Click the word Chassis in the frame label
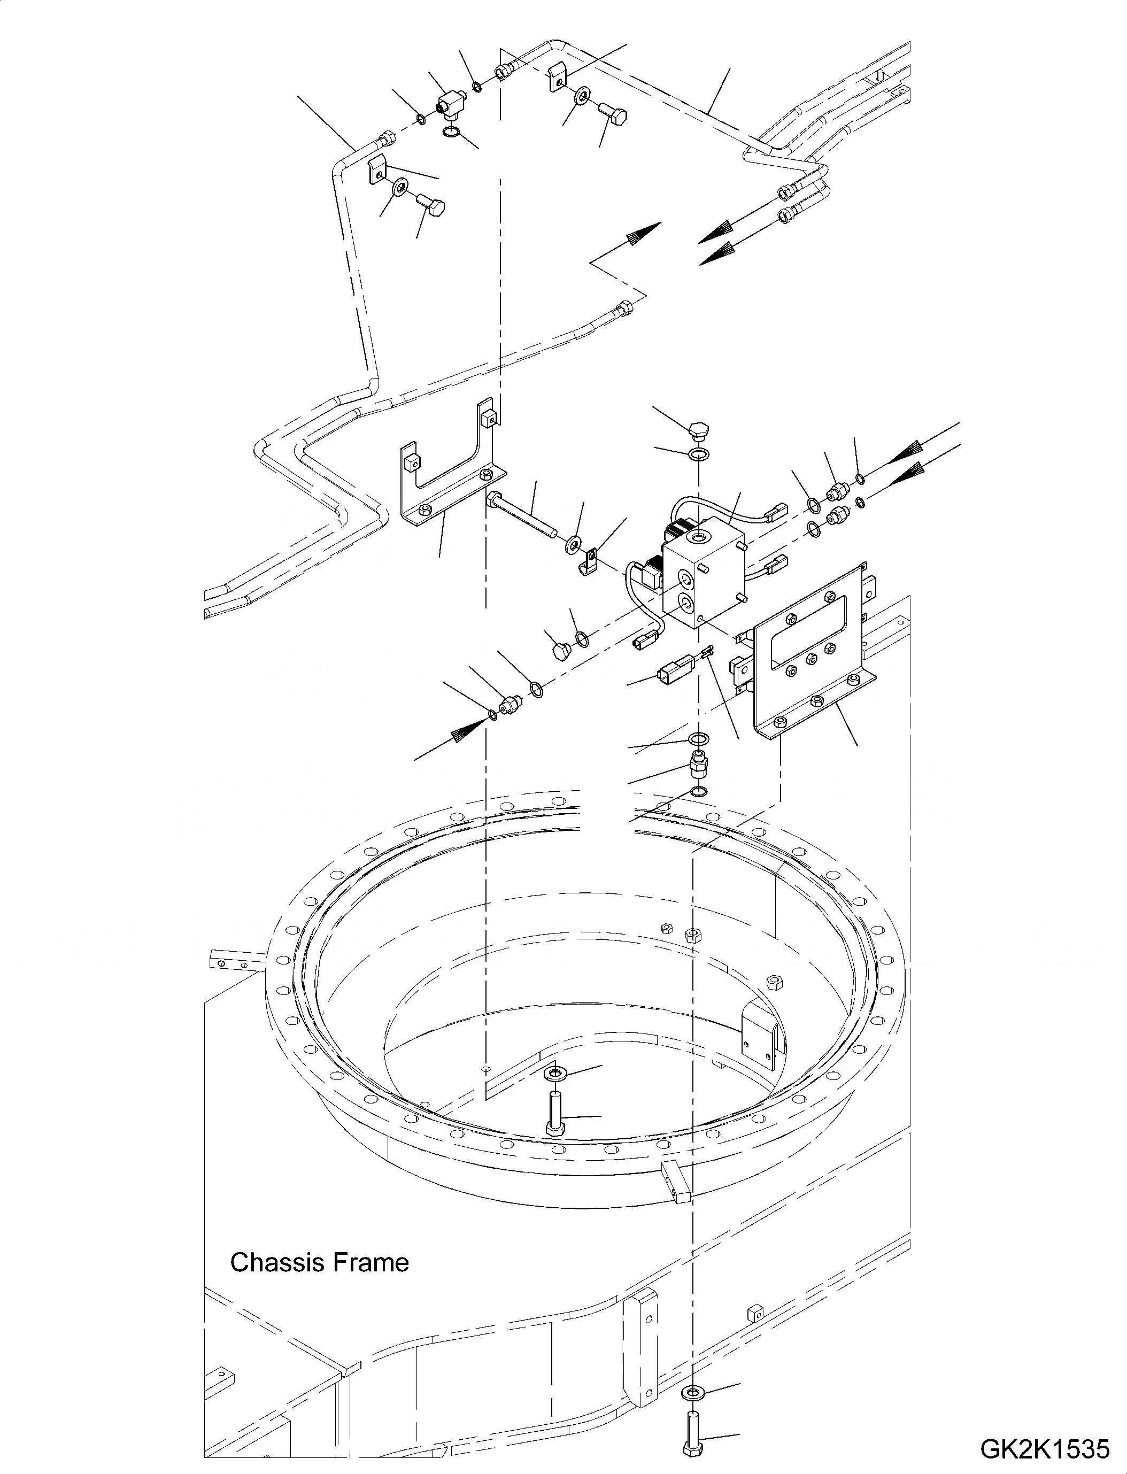click(x=275, y=1263)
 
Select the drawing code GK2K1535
click(x=1045, y=1449)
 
